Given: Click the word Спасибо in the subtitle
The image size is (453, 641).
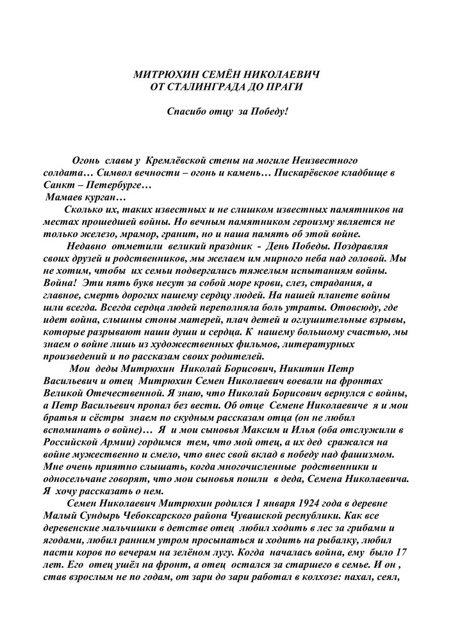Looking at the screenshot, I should pos(186,110).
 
